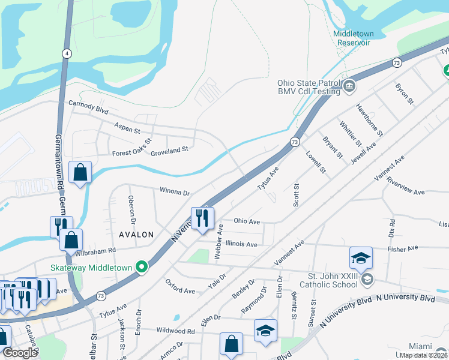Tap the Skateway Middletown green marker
pos(142,266)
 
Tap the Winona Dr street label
pos(174,193)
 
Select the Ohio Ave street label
pos(247,221)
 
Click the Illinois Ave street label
pos(241,244)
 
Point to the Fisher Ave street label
pos(403,248)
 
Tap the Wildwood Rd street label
pos(175,331)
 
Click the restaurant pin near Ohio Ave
pos(201,218)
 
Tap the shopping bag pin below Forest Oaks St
pos(80,173)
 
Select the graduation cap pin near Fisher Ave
pos(361,257)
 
